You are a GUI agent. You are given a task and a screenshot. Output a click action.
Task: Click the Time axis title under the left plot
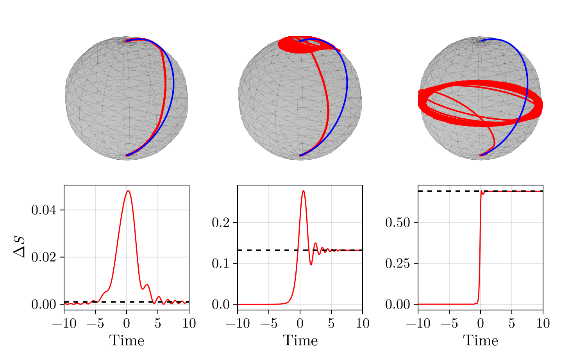coord(127,340)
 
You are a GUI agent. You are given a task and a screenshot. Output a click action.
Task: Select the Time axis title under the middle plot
coord(300,340)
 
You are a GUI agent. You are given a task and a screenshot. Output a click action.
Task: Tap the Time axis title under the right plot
coord(481,340)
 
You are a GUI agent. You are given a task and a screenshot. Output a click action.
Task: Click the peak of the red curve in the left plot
coord(128,191)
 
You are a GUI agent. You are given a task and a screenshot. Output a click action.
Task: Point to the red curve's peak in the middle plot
coord(303,191)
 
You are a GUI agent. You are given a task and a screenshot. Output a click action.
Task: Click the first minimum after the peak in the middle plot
coord(311,265)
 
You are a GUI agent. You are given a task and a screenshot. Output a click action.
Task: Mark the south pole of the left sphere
coord(127,155)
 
